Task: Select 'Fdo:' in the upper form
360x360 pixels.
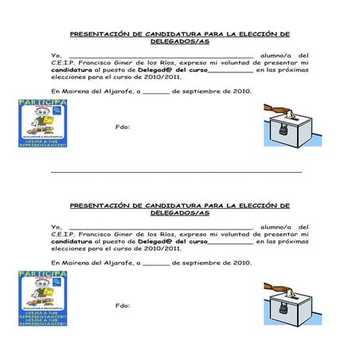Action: pos(123,127)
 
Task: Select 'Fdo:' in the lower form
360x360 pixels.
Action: pos(123,307)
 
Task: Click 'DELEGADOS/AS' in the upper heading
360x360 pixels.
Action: pos(180,41)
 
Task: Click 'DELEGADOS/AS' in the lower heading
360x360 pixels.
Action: pos(180,213)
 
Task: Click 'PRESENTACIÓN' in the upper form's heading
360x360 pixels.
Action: pos(100,34)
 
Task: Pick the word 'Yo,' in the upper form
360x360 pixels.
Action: pos(55,55)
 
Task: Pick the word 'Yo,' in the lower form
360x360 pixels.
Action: pos(55,227)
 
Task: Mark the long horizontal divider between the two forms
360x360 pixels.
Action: pos(176,172)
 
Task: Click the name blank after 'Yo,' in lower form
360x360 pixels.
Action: pos(159,229)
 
